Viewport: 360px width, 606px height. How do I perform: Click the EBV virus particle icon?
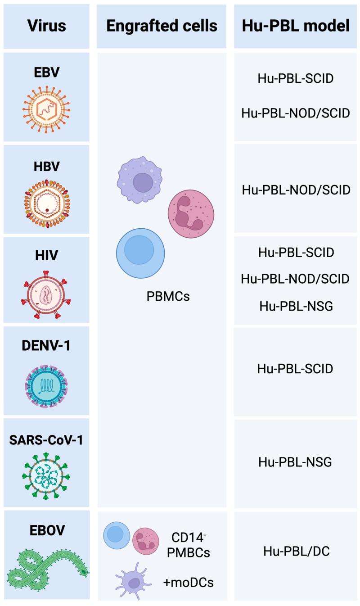pyautogui.click(x=46, y=109)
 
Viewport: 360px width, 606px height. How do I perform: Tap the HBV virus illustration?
pyautogui.click(x=47, y=204)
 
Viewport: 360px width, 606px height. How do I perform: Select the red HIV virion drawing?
pyautogui.click(x=46, y=294)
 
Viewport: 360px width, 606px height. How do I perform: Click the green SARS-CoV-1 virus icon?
pyautogui.click(x=46, y=476)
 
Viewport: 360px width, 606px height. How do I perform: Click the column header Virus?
pyautogui.click(x=46, y=26)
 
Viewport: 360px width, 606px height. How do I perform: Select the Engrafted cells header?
pyautogui.click(x=162, y=26)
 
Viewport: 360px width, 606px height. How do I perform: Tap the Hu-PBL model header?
pyautogui.click(x=296, y=26)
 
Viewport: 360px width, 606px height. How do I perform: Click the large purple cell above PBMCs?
pyautogui.click(x=139, y=180)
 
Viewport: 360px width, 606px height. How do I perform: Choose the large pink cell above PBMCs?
pyautogui.click(x=191, y=214)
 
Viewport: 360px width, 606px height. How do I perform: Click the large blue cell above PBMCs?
pyautogui.click(x=140, y=253)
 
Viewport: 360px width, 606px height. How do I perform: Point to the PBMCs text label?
pyautogui.click(x=168, y=296)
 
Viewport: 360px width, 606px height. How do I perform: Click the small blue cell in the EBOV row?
pyautogui.click(x=117, y=536)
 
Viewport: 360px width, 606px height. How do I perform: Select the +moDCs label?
pyautogui.click(x=189, y=583)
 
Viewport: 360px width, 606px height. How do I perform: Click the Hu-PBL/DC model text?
pyautogui.click(x=297, y=551)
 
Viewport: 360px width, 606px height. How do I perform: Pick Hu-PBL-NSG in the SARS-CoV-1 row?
pyautogui.click(x=295, y=462)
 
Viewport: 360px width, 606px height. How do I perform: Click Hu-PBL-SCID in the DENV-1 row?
pyautogui.click(x=295, y=369)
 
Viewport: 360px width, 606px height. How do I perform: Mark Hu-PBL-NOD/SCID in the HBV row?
pyautogui.click(x=296, y=190)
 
